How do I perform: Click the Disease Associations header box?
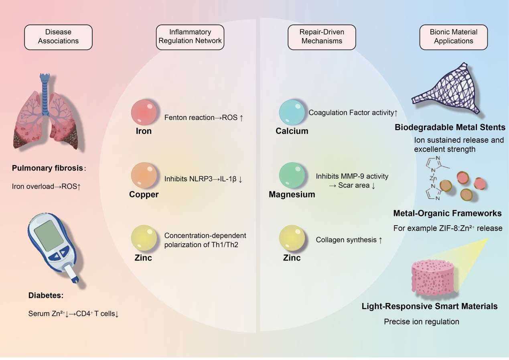click(59, 37)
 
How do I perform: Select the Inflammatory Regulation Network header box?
click(190, 37)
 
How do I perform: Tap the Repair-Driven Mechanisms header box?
click(321, 37)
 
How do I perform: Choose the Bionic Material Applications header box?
click(453, 37)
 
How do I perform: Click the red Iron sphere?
click(144, 113)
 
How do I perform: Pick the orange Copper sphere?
click(144, 175)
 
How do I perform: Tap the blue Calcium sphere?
click(292, 113)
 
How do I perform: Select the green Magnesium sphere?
click(292, 175)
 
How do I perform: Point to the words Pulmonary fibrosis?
click(47, 168)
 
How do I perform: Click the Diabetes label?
click(46, 296)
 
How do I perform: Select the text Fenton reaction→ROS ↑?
click(204, 118)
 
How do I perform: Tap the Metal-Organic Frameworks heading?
click(448, 213)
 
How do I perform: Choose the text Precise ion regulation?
click(421, 321)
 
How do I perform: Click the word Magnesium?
click(292, 195)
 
